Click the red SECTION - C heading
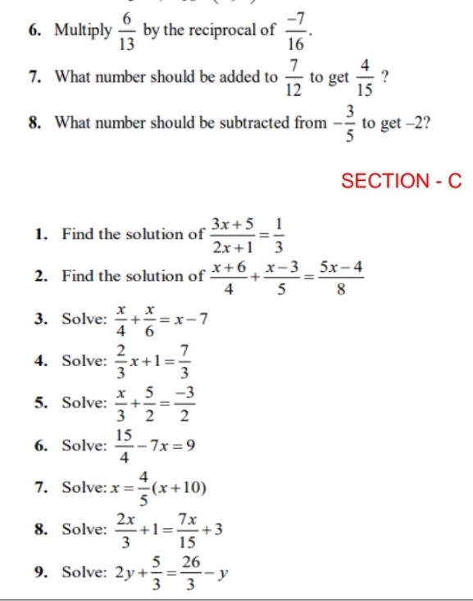(x=401, y=181)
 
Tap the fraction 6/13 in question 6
(x=127, y=31)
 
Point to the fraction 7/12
(x=294, y=77)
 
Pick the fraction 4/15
(x=366, y=77)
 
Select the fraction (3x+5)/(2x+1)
(x=233, y=234)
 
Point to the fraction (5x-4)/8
(x=341, y=276)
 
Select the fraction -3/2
(x=186, y=404)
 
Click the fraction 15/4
(x=124, y=447)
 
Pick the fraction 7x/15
(x=187, y=531)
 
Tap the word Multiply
(x=84, y=31)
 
